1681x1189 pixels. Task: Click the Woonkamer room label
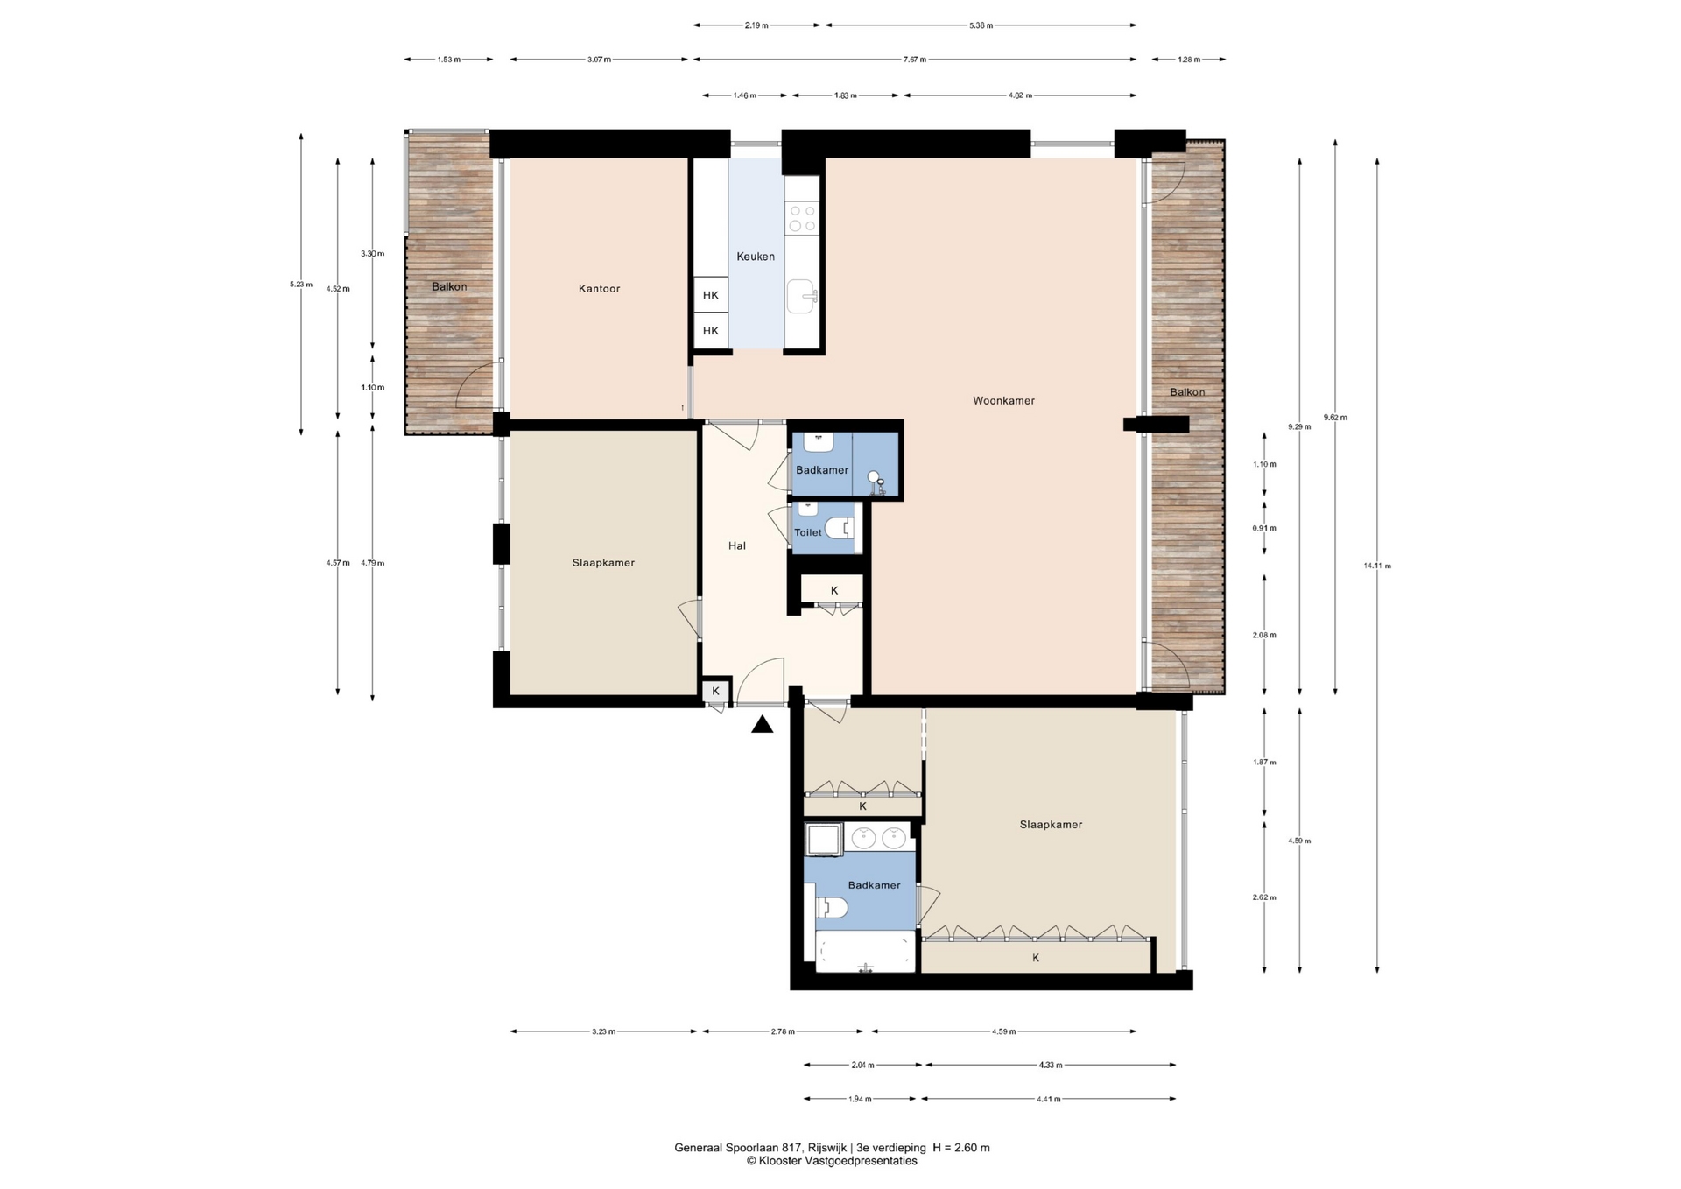pos(1003,401)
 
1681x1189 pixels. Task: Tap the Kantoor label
pos(599,289)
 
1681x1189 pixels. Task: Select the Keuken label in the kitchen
pos(756,257)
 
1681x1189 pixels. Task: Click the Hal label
pos(737,545)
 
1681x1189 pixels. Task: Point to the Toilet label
pos(808,532)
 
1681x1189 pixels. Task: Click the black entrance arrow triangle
pos(763,724)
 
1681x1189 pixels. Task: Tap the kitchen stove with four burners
pos(801,218)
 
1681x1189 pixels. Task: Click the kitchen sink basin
pos(801,296)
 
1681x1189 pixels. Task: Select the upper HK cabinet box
pos(711,295)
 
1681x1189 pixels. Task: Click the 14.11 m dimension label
pos(1377,566)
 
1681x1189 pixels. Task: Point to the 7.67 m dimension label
pos(915,60)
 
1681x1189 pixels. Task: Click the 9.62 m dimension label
pos(1335,418)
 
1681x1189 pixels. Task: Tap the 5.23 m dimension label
pos(301,284)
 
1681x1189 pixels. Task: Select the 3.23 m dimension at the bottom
pos(603,1031)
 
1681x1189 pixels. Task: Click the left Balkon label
pos(449,287)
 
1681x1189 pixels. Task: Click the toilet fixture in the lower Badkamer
pos(832,909)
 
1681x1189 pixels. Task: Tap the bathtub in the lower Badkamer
pos(865,952)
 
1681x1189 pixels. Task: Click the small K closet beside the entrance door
pos(716,691)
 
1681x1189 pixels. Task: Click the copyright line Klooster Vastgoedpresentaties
pos(832,1161)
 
